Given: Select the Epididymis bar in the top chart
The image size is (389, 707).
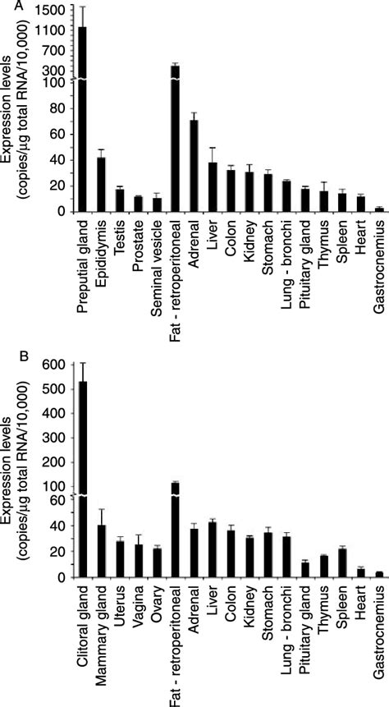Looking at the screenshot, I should pos(101,185).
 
